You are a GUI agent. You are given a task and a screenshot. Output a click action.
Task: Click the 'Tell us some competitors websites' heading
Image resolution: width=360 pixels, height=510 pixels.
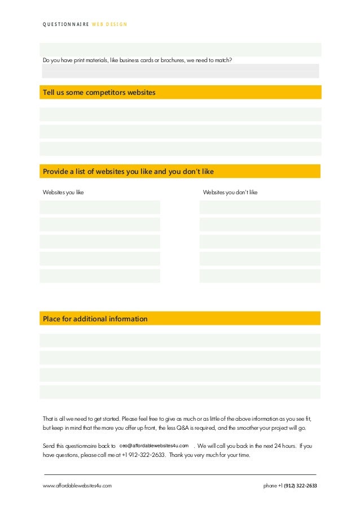point(99,92)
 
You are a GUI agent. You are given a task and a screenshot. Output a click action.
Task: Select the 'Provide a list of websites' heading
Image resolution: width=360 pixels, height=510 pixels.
point(128,172)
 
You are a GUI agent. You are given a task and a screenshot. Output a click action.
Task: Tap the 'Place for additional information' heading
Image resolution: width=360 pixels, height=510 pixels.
point(95,319)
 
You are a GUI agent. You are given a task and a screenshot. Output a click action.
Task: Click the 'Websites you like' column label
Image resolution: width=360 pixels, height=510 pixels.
point(63,193)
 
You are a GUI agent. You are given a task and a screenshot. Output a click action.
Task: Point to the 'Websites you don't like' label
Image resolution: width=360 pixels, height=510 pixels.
point(230,193)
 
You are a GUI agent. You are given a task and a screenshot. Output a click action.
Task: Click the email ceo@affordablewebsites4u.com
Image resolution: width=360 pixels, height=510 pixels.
point(154,446)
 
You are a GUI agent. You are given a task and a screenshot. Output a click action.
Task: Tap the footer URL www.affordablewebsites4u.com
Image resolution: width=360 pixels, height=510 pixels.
point(77,486)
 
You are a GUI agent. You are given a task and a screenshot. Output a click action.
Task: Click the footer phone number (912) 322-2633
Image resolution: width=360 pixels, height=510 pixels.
point(300,486)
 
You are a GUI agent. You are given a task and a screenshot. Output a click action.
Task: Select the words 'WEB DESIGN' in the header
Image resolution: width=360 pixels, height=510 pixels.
point(109,24)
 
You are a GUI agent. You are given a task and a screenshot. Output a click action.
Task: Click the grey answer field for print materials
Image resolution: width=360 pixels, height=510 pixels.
point(180,71)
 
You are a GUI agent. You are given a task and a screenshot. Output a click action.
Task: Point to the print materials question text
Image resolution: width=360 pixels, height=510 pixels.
point(137,60)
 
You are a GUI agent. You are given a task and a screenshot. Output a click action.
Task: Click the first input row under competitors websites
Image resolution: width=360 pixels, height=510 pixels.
point(180,115)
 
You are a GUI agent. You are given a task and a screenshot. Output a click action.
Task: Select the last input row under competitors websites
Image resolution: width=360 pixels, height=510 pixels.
point(180,149)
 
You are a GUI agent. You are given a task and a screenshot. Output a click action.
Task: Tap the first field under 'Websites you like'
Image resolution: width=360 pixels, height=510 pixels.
point(100,207)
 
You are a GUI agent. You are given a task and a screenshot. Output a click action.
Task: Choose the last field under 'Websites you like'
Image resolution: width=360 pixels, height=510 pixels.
point(100,276)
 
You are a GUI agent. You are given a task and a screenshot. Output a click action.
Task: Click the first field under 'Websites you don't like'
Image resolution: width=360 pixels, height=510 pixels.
point(260,207)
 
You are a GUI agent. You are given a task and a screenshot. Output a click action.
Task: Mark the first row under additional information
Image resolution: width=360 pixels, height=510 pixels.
point(180,341)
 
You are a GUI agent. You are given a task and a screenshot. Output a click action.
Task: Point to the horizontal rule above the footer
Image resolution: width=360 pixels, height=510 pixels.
point(180,474)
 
